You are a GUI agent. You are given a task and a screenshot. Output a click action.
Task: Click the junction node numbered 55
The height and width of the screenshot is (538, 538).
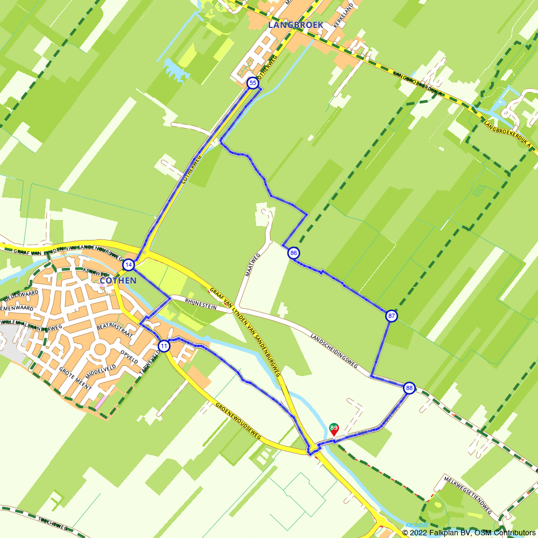tap(252, 83)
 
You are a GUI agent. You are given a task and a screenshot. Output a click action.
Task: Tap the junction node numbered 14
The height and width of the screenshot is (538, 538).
tap(128, 265)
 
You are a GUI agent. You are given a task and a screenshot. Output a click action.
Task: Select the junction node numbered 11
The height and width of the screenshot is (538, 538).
tap(164, 346)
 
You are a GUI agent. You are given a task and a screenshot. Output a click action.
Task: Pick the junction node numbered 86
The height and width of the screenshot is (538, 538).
tap(293, 253)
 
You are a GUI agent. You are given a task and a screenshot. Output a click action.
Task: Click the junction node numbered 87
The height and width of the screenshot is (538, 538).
tap(392, 316)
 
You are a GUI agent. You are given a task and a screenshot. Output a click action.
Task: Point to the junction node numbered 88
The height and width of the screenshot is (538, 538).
tap(409, 388)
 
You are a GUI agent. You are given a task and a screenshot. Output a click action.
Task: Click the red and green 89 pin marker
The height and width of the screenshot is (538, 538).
tap(334, 429)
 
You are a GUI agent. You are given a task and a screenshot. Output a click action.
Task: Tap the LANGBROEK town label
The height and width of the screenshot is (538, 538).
tap(295, 25)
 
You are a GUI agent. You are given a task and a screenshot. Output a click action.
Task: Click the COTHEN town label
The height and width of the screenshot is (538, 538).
tap(118, 280)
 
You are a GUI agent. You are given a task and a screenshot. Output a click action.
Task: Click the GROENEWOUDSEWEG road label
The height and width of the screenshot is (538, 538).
tap(237, 422)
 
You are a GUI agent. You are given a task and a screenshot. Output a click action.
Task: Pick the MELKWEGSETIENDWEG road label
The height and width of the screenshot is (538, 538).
tap(468, 494)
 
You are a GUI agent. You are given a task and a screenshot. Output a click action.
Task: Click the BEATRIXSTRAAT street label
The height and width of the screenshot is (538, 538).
tap(114, 330)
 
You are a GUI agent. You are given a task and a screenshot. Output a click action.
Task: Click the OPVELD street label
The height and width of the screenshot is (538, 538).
tap(130, 357)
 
